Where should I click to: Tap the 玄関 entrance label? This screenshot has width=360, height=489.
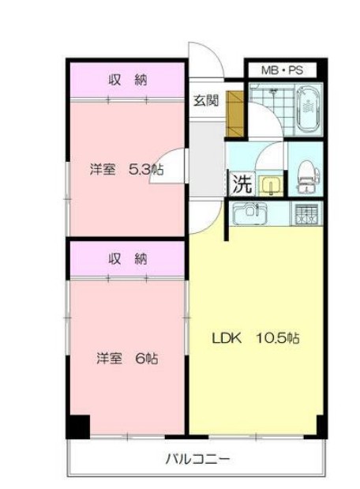click(x=207, y=100)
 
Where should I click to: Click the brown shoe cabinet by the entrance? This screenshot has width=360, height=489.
click(x=235, y=111)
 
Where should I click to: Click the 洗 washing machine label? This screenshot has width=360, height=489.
click(x=242, y=184)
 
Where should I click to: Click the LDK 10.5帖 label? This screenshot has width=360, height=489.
click(x=254, y=339)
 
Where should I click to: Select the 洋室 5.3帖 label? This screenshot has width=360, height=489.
click(x=126, y=168)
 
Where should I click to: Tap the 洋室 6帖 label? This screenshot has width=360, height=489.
click(x=127, y=358)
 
